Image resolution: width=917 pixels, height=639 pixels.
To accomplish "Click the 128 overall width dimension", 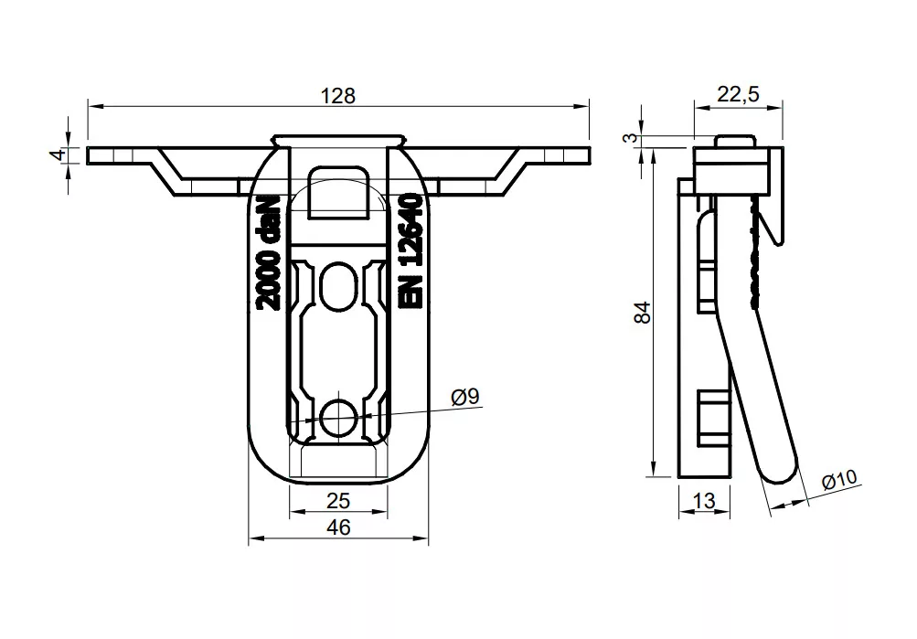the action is [338, 95].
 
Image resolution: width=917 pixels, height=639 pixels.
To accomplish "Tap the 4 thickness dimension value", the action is [58, 154].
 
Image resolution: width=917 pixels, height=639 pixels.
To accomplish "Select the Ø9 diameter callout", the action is [465, 397].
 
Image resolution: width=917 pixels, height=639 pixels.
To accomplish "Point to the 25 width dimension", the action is [338, 500].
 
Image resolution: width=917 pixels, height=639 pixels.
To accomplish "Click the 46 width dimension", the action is [338, 527].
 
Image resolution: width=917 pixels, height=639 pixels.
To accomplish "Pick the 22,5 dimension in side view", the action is [738, 93].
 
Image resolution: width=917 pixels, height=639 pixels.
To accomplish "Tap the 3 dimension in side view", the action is [631, 138].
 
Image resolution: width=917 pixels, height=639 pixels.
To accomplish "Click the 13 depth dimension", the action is [704, 500].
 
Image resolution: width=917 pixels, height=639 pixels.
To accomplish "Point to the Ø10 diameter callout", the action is [840, 479].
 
